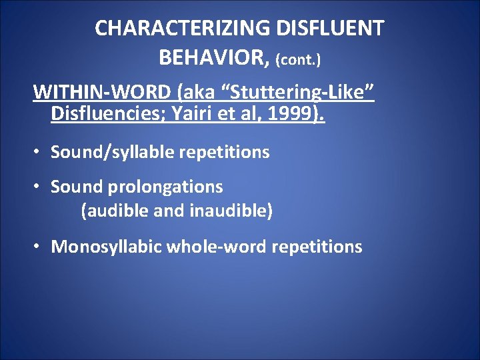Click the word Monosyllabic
click(x=107, y=247)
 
